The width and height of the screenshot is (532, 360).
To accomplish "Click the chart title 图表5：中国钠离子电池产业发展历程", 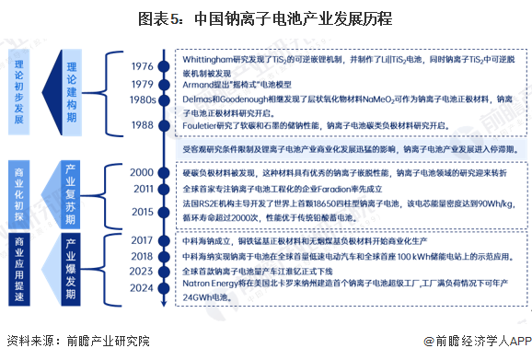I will tap(266, 17).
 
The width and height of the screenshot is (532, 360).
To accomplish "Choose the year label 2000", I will tap(142, 172).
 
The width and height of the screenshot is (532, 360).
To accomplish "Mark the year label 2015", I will tap(142, 212).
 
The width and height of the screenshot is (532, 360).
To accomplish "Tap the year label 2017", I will tap(142, 240).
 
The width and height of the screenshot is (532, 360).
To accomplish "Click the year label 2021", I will tap(142, 256).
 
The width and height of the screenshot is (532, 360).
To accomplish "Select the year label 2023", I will tap(142, 272).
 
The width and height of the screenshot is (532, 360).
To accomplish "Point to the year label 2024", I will tap(142, 287).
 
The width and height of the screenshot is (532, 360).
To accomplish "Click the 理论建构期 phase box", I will tap(76, 94).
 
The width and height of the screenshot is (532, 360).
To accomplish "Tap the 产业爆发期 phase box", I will tap(76, 264).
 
